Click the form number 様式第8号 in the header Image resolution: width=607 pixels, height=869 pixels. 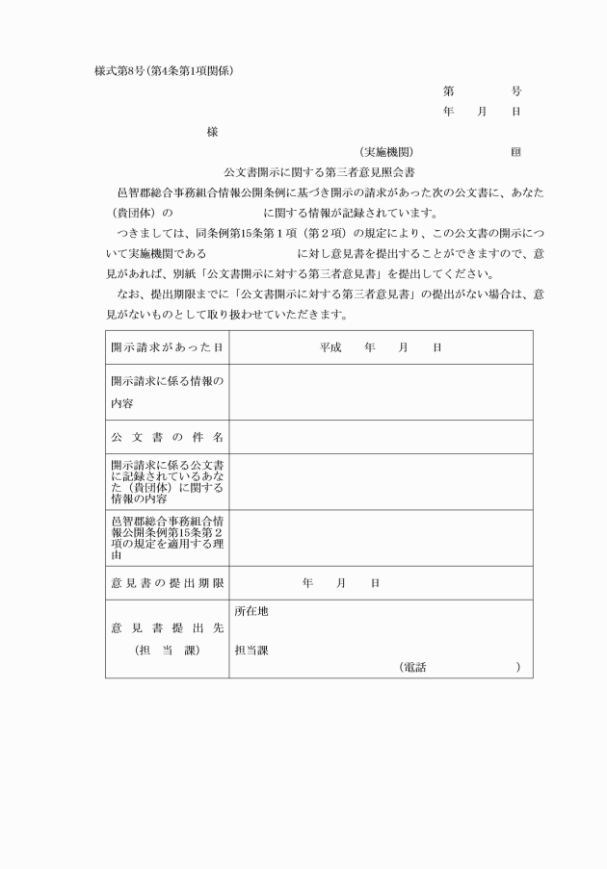(x=118, y=70)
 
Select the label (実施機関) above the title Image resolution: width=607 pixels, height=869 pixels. (x=386, y=152)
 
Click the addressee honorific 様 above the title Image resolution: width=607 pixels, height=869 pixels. (x=212, y=132)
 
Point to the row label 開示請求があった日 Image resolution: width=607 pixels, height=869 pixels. (x=167, y=347)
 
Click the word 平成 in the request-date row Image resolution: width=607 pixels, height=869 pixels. (x=330, y=347)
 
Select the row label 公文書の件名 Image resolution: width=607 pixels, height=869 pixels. (x=167, y=437)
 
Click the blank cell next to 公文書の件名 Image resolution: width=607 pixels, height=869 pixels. (x=381, y=437)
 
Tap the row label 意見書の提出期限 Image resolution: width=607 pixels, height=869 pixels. (x=167, y=583)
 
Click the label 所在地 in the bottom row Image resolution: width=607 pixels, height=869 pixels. (x=251, y=611)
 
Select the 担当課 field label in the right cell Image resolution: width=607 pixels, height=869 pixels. (x=251, y=650)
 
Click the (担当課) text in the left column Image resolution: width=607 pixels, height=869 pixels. (x=167, y=651)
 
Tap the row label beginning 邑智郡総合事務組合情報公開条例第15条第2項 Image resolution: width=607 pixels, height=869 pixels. (x=167, y=537)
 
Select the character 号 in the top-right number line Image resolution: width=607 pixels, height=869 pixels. (x=516, y=91)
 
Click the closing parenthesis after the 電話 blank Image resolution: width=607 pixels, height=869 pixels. (x=518, y=667)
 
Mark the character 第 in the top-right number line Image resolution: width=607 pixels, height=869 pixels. (x=448, y=91)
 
